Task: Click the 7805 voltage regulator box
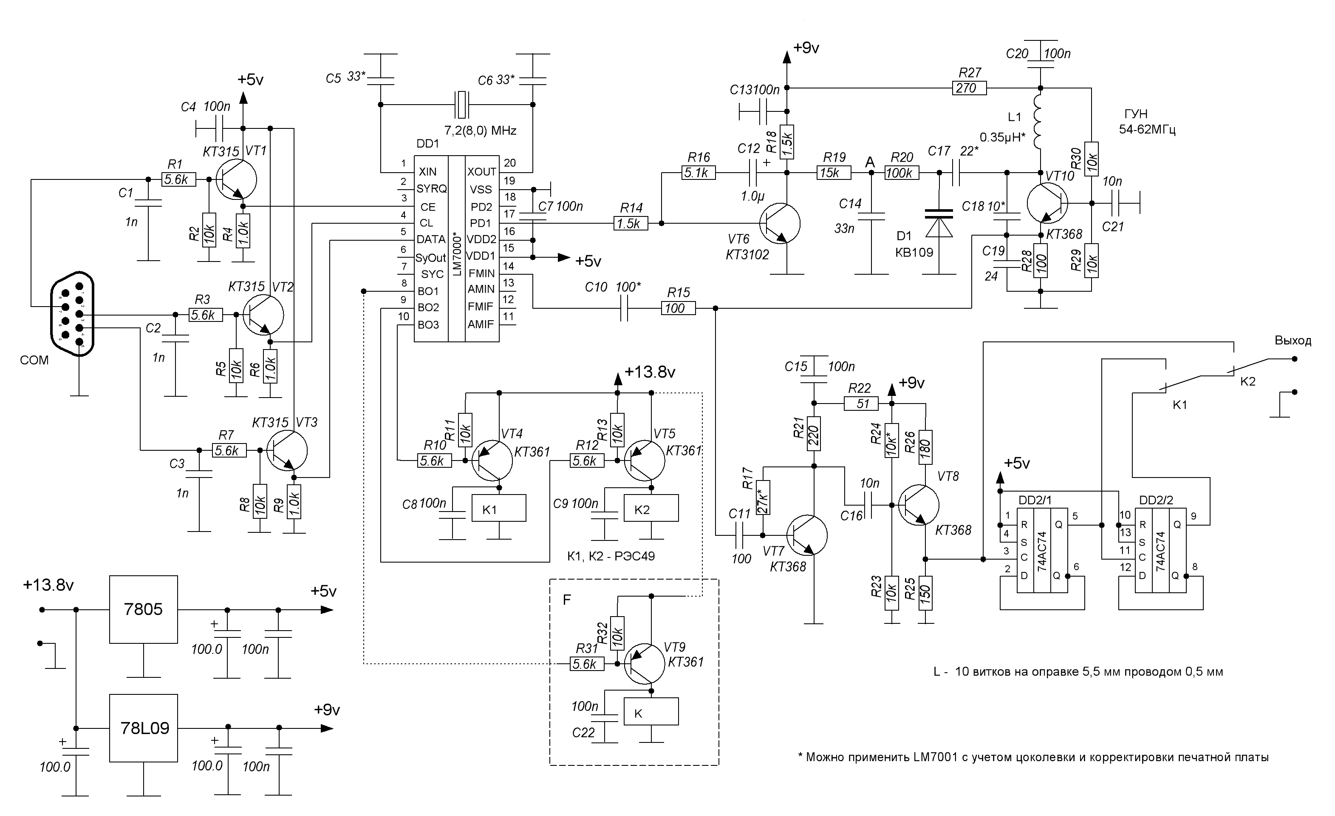pyautogui.click(x=144, y=609)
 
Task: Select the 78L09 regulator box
pyautogui.click(x=144, y=728)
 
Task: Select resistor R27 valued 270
pyautogui.click(x=969, y=88)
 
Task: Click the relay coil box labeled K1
pyautogui.click(x=498, y=508)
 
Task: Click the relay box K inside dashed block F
pyautogui.click(x=651, y=712)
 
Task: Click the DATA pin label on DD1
pyautogui.click(x=431, y=239)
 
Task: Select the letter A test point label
pyautogui.click(x=870, y=162)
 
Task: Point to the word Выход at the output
pyautogui.click(x=1293, y=341)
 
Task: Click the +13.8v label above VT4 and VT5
pyautogui.click(x=650, y=372)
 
